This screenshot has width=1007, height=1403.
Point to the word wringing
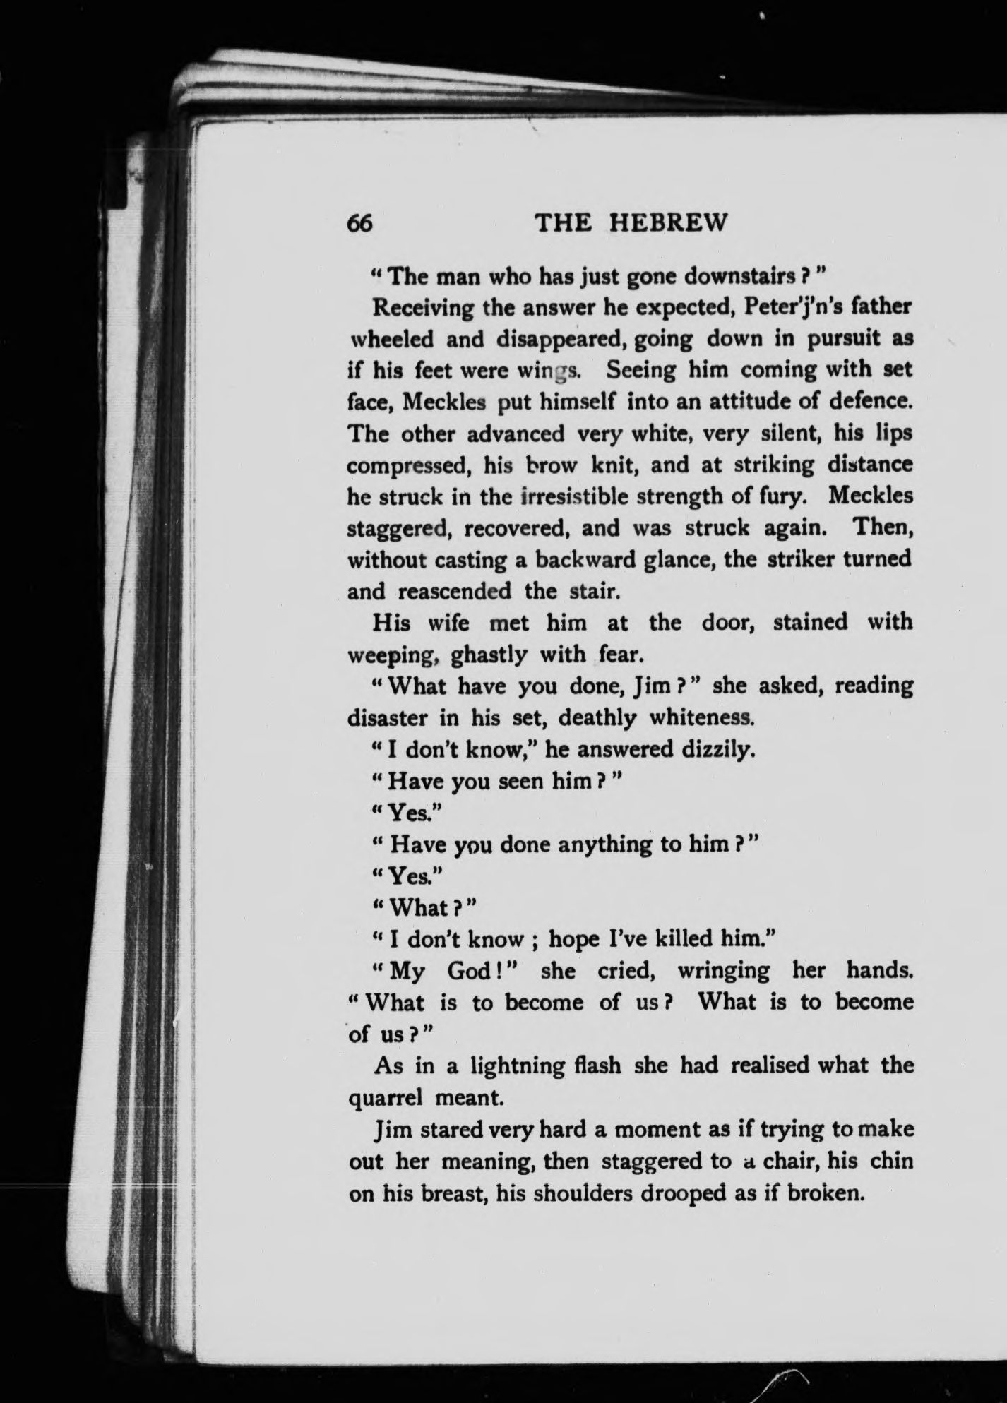pos(724,971)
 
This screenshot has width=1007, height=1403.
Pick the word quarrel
pos(386,1097)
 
